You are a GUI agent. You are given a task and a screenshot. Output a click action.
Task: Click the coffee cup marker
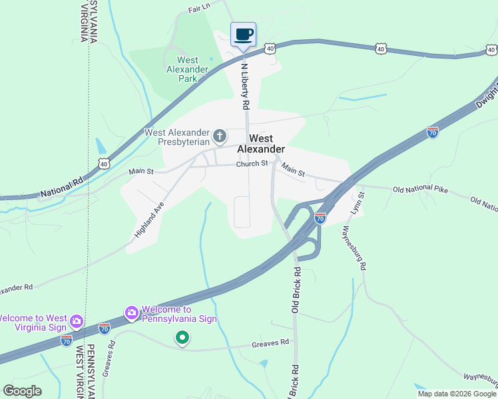tap(243, 35)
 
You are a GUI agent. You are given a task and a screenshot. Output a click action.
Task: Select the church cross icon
tap(220, 137)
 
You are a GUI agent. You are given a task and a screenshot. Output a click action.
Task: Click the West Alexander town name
tap(261, 144)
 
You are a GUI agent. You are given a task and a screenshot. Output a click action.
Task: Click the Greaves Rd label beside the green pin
tap(271, 343)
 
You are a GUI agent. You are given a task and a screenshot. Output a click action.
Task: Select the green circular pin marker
tap(182, 338)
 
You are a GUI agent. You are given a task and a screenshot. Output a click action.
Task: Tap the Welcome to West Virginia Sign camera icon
tap(77, 322)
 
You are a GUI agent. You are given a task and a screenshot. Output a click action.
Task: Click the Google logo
tap(23, 391)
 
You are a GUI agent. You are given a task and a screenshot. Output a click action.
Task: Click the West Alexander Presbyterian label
tap(177, 137)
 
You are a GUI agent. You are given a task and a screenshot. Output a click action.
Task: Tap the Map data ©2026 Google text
tap(457, 394)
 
